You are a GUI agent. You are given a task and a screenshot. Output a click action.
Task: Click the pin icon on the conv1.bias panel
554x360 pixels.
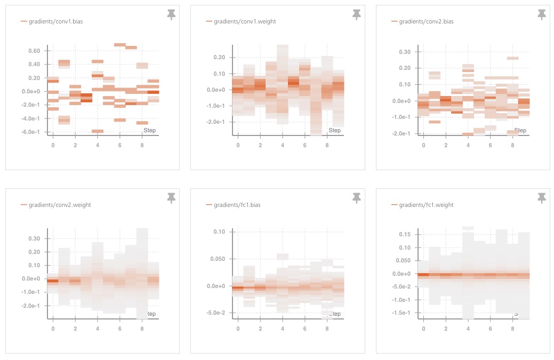[171, 15]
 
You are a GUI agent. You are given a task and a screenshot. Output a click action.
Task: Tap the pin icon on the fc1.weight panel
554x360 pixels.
[542, 198]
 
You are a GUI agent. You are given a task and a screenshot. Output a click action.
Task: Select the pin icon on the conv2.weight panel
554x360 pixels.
[171, 198]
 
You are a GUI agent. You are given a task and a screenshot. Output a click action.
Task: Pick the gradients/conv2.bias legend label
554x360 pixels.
[426, 22]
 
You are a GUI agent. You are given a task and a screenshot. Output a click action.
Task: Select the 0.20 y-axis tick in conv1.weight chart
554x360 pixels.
[219, 58]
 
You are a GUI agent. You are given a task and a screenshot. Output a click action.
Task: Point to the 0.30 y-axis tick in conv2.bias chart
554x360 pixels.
[405, 52]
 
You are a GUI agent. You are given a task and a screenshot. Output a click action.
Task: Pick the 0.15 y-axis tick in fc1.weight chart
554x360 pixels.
[405, 235]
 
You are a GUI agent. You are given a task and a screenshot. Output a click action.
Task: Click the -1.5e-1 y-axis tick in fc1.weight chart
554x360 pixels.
[402, 313]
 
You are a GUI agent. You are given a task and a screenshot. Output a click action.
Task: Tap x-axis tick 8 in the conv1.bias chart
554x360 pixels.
[142, 146]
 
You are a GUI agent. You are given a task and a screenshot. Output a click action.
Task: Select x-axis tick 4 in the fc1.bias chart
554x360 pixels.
[283, 329]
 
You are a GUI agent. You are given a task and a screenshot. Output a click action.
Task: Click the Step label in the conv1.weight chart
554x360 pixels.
[334, 131]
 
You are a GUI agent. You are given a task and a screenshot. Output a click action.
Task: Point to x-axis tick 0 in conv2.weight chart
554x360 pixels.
[53, 329]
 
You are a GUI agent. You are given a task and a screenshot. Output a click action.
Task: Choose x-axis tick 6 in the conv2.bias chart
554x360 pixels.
[491, 146]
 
